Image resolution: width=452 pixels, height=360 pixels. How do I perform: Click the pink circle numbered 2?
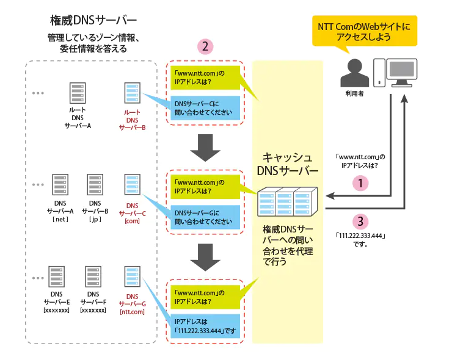pyautogui.click(x=205, y=46)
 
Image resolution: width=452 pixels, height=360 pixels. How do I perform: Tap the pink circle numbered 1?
pyautogui.click(x=360, y=183)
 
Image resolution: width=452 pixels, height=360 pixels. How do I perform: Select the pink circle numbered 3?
pyautogui.click(x=360, y=221)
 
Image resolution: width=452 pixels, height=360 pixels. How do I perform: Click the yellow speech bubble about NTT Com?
pyautogui.click(x=365, y=31)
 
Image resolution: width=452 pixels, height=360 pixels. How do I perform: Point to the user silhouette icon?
pyautogui.click(x=354, y=73)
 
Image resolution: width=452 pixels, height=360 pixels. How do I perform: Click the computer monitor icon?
pyautogui.click(x=401, y=73)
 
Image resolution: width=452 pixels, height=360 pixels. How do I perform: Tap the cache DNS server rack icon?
pyautogui.click(x=288, y=201)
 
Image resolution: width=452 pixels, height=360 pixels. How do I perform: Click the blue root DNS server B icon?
pyautogui.click(x=133, y=93)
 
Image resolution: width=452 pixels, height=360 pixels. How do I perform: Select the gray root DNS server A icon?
pyautogui.click(x=78, y=93)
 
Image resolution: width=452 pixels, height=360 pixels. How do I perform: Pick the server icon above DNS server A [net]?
pyautogui.click(x=60, y=185)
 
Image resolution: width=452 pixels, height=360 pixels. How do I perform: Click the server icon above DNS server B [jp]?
pyautogui.click(x=95, y=185)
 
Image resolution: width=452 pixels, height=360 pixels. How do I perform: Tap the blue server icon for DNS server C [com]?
pyautogui.click(x=133, y=185)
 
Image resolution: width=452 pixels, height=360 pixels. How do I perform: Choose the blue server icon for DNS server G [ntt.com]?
pyautogui.click(x=133, y=276)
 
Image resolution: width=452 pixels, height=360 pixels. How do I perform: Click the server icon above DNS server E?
pyautogui.click(x=56, y=276)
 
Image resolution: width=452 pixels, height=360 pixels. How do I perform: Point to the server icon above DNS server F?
pyautogui.click(x=93, y=276)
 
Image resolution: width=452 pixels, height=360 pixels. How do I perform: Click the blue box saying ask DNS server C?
pyautogui.click(x=205, y=108)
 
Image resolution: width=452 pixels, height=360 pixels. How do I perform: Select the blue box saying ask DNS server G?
pyautogui.click(x=205, y=217)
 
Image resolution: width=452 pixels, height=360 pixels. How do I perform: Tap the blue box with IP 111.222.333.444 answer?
pyautogui.click(x=205, y=326)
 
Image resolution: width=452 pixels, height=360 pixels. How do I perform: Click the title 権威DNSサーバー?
pyautogui.click(x=93, y=21)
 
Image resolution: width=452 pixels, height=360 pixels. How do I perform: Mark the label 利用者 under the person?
pyautogui.click(x=354, y=93)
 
